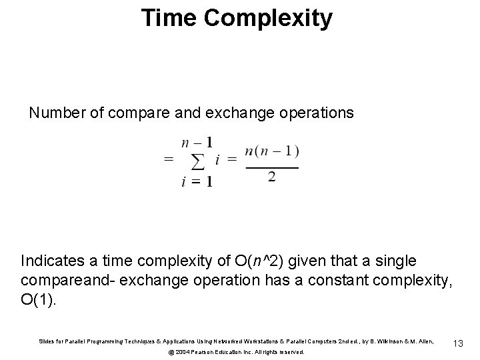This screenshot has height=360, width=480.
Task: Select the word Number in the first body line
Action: (56, 113)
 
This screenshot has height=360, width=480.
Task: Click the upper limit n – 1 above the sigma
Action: (197, 142)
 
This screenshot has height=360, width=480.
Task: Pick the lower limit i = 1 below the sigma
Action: (197, 183)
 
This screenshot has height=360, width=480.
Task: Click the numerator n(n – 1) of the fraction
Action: (271, 151)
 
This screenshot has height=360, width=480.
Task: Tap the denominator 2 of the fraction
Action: (271, 177)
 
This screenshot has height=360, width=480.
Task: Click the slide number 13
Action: (458, 343)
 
